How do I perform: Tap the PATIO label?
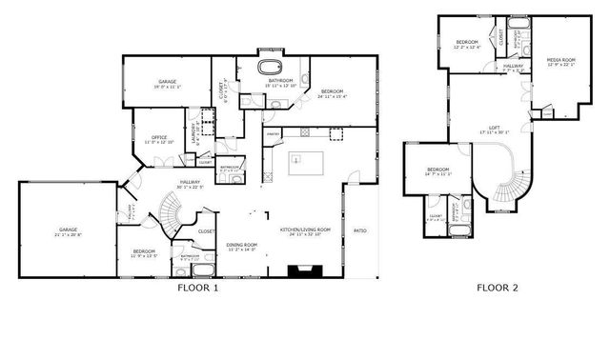click(360, 230)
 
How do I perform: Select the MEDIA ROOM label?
click(562, 62)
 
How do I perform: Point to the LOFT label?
click(495, 130)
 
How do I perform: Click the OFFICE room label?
click(159, 139)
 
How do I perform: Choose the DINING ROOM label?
click(242, 247)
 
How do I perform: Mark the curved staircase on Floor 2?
click(510, 181)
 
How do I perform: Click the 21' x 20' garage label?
click(68, 231)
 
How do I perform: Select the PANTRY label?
click(271, 134)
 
